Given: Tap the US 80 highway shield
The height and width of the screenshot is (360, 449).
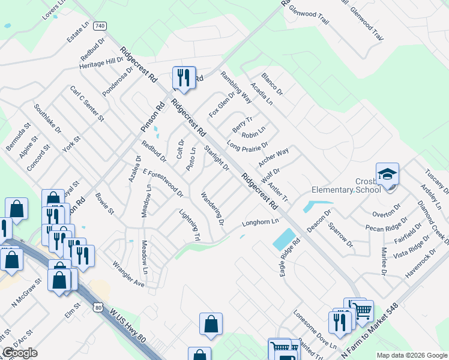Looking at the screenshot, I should (97, 307).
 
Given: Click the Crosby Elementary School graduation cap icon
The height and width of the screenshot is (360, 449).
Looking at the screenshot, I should (387, 174).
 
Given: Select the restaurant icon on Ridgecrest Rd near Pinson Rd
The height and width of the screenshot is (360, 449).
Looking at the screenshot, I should (184, 77).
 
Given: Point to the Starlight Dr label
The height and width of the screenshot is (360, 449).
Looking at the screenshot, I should (217, 158).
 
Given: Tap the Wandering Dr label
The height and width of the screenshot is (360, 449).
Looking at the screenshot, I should (212, 208).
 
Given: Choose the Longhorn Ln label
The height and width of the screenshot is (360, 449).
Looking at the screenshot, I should (261, 223).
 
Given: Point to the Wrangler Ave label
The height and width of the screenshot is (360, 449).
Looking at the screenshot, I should (129, 274).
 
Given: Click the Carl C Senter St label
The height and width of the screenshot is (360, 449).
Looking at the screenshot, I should (87, 103).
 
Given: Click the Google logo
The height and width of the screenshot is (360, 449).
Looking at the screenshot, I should (20, 353).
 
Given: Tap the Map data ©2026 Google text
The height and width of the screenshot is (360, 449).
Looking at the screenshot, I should (411, 355).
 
